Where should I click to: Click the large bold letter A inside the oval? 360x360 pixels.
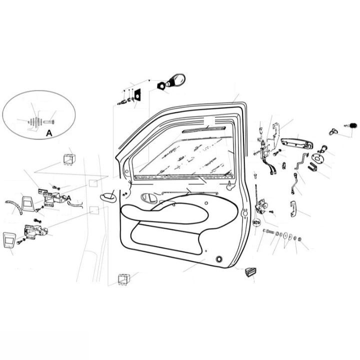click(x=48, y=133)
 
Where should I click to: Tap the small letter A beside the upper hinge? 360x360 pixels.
click(x=69, y=198)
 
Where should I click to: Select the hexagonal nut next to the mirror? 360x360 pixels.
click(x=161, y=86)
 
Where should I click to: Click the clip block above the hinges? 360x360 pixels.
click(x=68, y=159)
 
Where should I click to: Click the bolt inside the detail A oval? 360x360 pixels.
click(x=50, y=120)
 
